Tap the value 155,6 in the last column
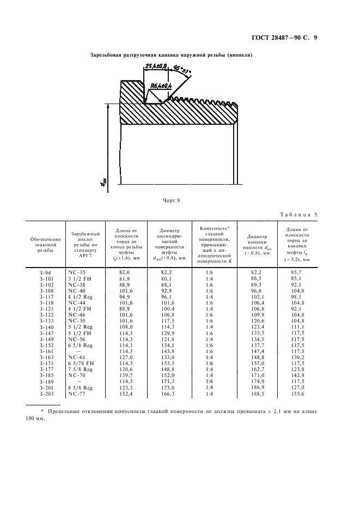click(x=297, y=393)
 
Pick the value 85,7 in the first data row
click(x=297, y=271)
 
